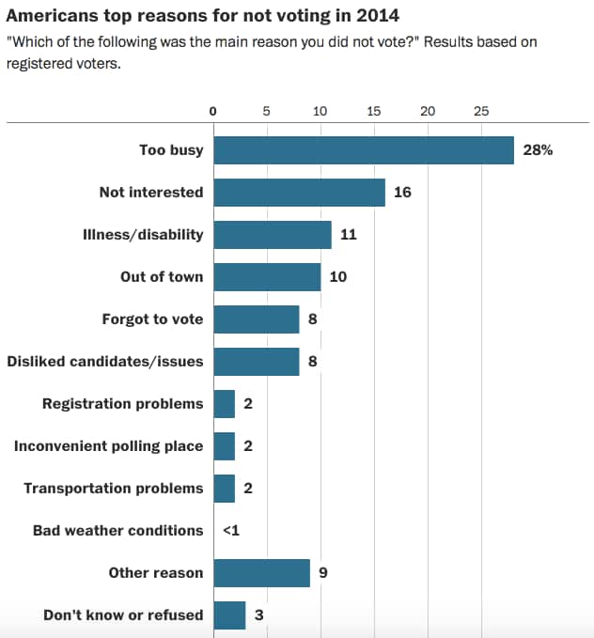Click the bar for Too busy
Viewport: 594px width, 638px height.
[364, 150]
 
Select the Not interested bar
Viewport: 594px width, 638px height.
[299, 193]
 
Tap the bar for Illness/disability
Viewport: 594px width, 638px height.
[273, 235]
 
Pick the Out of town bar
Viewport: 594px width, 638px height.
[267, 277]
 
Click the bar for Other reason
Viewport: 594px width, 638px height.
[261, 572]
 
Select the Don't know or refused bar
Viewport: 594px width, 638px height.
[229, 615]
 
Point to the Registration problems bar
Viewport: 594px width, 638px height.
[224, 404]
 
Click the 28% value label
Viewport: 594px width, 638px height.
[537, 150]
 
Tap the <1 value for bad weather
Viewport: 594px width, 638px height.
[231, 531]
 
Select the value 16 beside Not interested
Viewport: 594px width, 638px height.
[403, 193]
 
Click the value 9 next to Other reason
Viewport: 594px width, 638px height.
[323, 572]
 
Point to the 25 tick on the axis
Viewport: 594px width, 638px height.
[481, 111]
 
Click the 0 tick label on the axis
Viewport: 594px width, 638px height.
[213, 111]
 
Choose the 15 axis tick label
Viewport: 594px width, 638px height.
[374, 111]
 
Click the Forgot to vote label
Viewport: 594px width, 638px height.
[152, 319]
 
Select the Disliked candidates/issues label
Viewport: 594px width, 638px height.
[105, 362]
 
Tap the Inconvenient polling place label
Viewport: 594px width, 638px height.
[108, 446]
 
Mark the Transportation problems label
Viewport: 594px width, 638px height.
[113, 489]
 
